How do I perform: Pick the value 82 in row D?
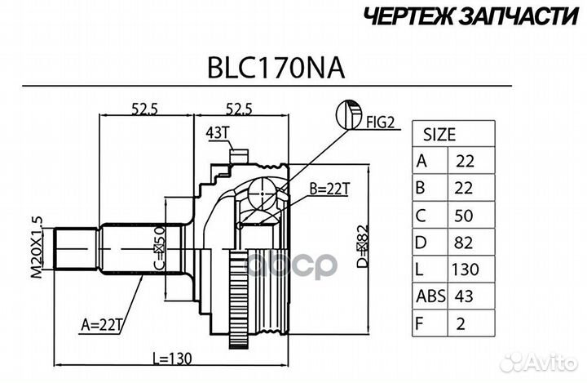click(463, 242)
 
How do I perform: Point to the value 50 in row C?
click(463, 215)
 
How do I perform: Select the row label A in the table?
click(421, 161)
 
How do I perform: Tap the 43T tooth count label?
click(216, 134)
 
